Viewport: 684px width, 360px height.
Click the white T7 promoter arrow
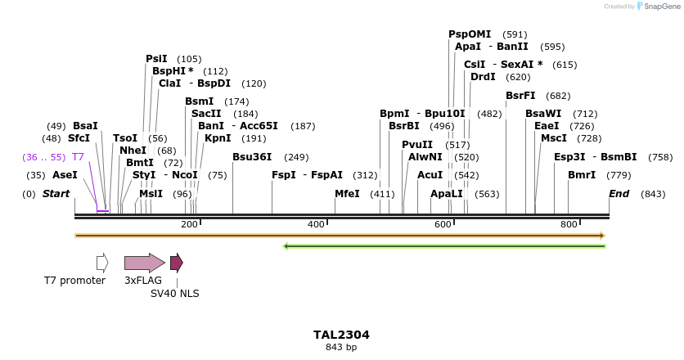tap(102, 263)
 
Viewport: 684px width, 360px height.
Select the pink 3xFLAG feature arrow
tap(144, 263)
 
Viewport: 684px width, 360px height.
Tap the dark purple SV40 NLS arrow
tap(176, 263)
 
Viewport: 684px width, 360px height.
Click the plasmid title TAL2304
tap(341, 335)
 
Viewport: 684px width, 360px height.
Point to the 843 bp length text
tap(341, 348)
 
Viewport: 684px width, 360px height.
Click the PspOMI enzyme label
tap(470, 34)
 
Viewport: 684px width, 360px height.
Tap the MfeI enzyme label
tap(347, 194)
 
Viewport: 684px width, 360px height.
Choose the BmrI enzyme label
tap(582, 175)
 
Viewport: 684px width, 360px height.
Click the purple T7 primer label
tap(78, 157)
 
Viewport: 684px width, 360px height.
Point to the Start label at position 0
tap(56, 194)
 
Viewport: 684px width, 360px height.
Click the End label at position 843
tap(619, 194)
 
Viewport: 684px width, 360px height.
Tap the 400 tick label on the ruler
tap(316, 225)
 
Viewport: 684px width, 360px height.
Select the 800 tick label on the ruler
tap(569, 225)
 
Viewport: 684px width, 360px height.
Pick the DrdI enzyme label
tap(483, 77)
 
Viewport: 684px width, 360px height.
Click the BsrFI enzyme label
tap(520, 96)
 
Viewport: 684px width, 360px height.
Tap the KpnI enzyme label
tap(218, 138)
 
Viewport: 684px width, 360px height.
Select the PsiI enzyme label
tap(156, 59)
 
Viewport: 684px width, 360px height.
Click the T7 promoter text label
tap(74, 281)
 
